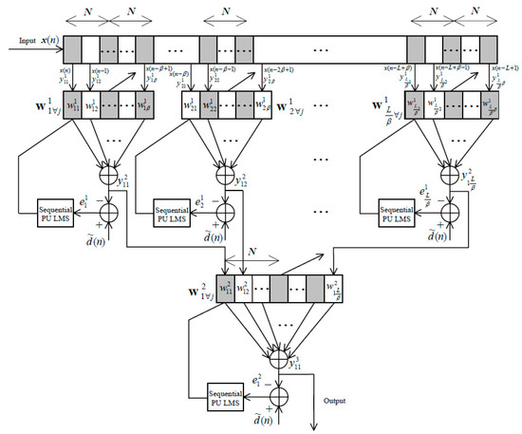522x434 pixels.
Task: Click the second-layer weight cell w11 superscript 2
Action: pos(226,285)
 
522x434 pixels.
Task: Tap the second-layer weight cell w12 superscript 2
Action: pos(247,285)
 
